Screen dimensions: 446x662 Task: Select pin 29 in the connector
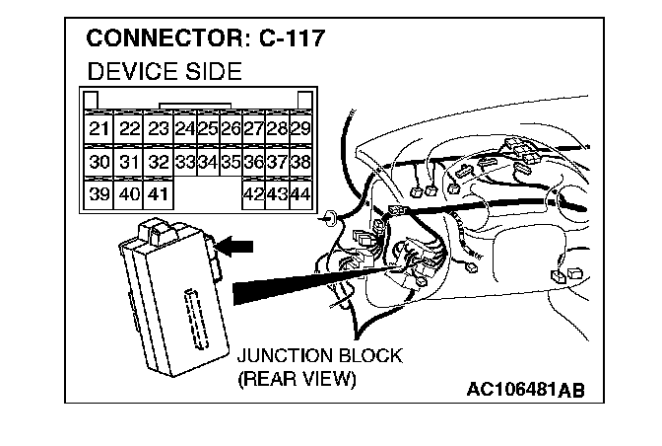(x=302, y=129)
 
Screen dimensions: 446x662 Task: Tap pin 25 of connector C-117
(x=208, y=129)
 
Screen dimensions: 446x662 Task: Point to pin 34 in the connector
(x=208, y=162)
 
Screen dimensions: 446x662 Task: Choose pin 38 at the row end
(x=302, y=162)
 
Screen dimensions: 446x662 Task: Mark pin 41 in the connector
(x=159, y=194)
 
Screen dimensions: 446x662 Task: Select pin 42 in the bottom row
(x=254, y=194)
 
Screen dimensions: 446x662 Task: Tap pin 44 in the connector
(x=302, y=194)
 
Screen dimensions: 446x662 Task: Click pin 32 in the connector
(x=159, y=162)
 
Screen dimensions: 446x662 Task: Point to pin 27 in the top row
(x=254, y=129)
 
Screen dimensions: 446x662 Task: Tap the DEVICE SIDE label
(x=165, y=72)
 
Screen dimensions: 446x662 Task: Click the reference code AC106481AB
(x=526, y=388)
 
